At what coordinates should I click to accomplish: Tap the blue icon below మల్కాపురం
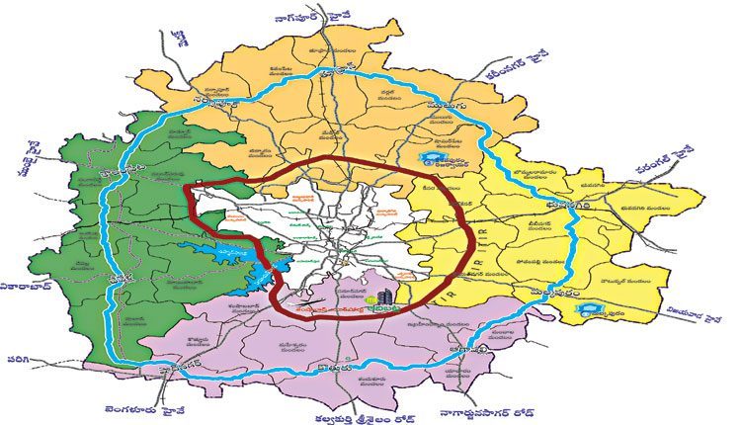[x=593, y=309]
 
